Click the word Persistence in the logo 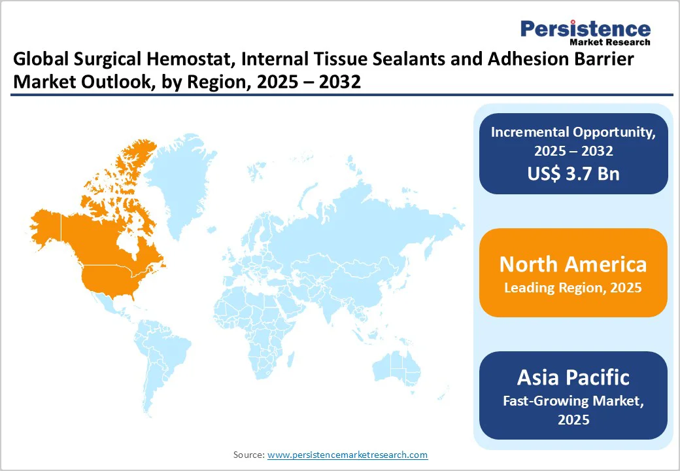point(585,28)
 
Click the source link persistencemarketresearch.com point(347,455)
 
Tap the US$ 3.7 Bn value point(573,173)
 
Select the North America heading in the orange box point(573,264)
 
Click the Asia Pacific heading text point(573,377)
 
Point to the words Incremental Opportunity point(573,131)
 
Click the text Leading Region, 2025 point(573,288)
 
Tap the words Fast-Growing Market point(573,400)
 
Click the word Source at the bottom point(248,455)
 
